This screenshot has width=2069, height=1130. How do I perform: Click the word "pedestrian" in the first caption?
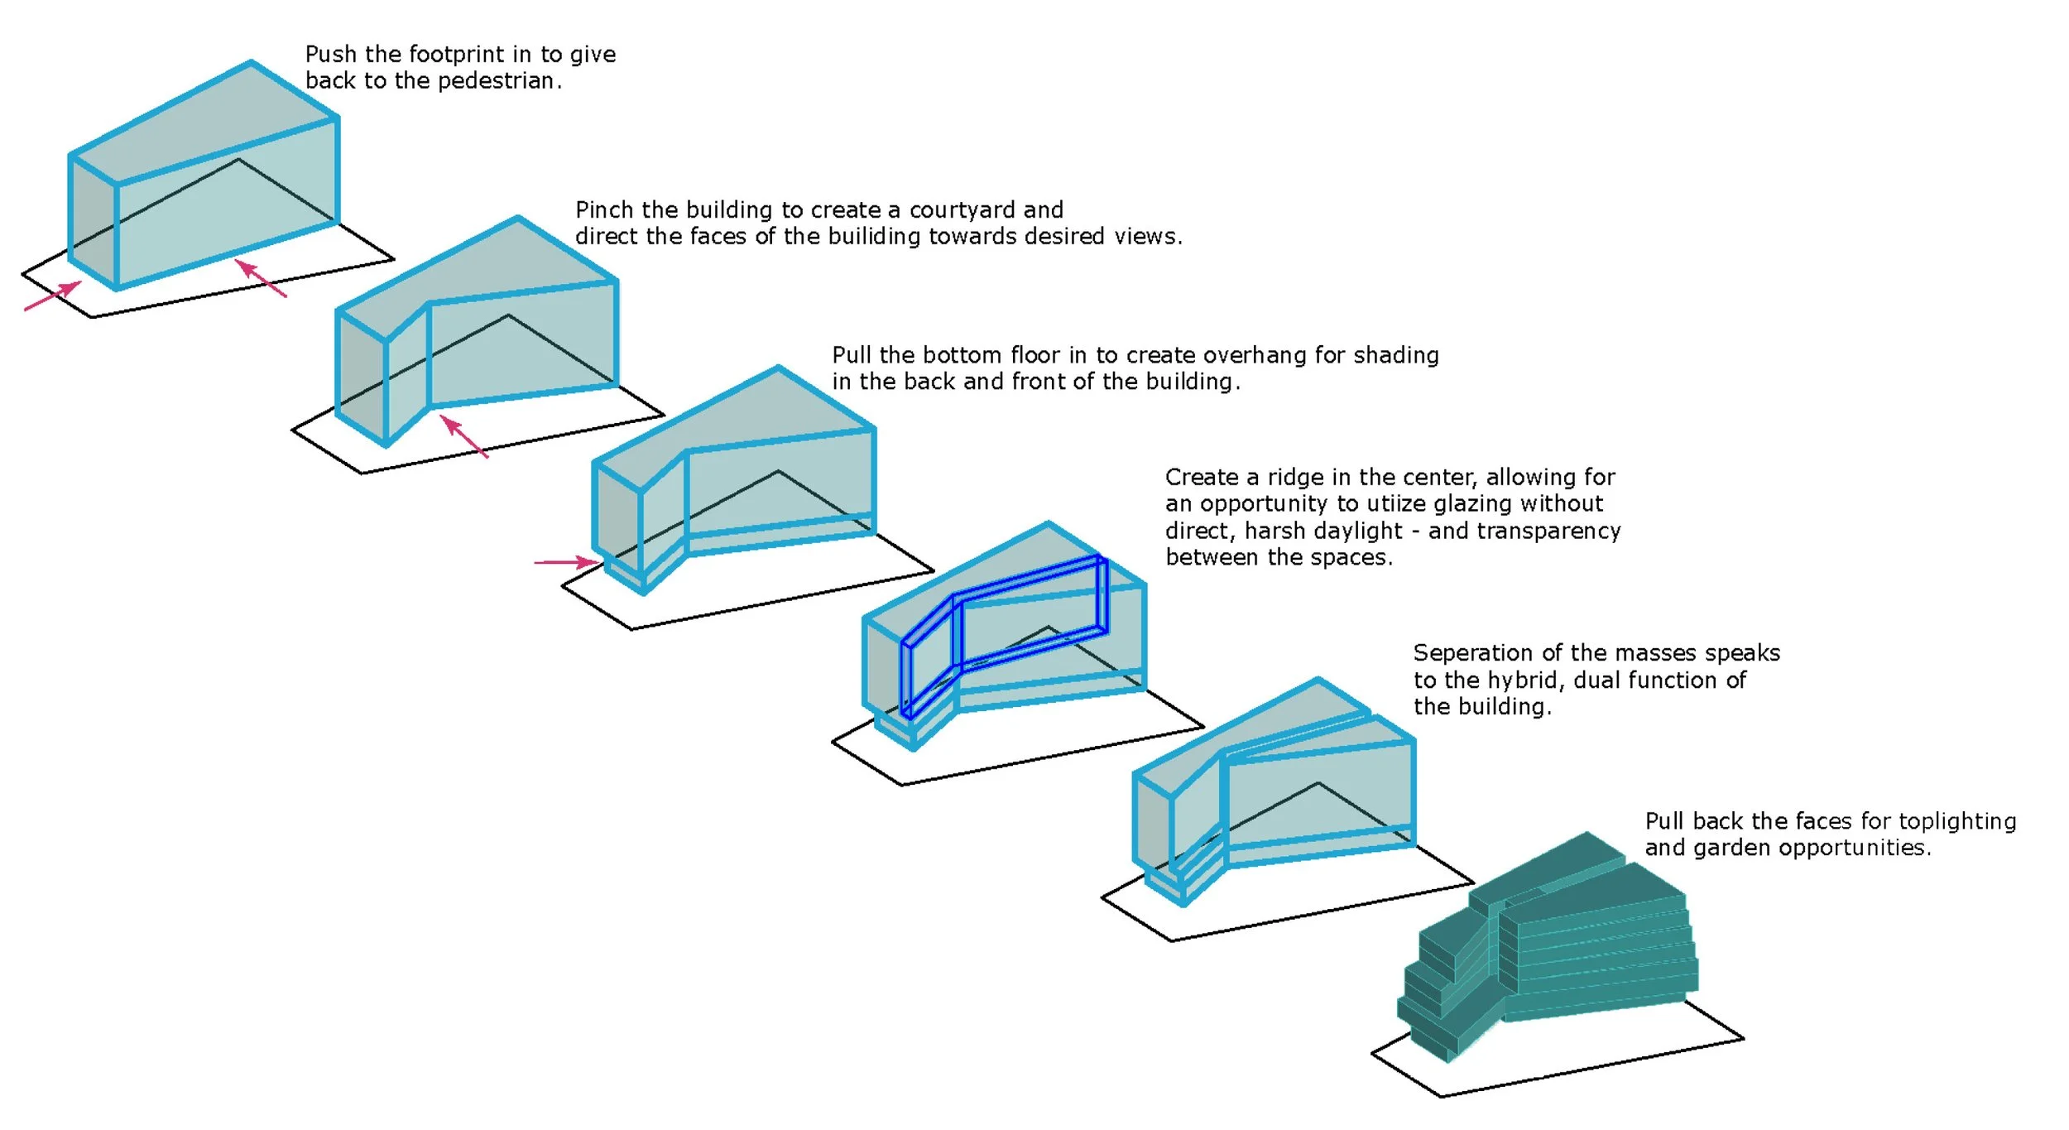[495, 81]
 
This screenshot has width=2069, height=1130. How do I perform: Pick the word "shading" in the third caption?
[1397, 355]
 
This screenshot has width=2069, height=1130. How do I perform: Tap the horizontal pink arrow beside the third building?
[566, 563]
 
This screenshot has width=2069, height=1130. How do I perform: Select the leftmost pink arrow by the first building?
[53, 296]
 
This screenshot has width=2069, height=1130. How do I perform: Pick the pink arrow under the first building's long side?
[261, 278]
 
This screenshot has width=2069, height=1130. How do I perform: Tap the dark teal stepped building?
[1548, 952]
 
